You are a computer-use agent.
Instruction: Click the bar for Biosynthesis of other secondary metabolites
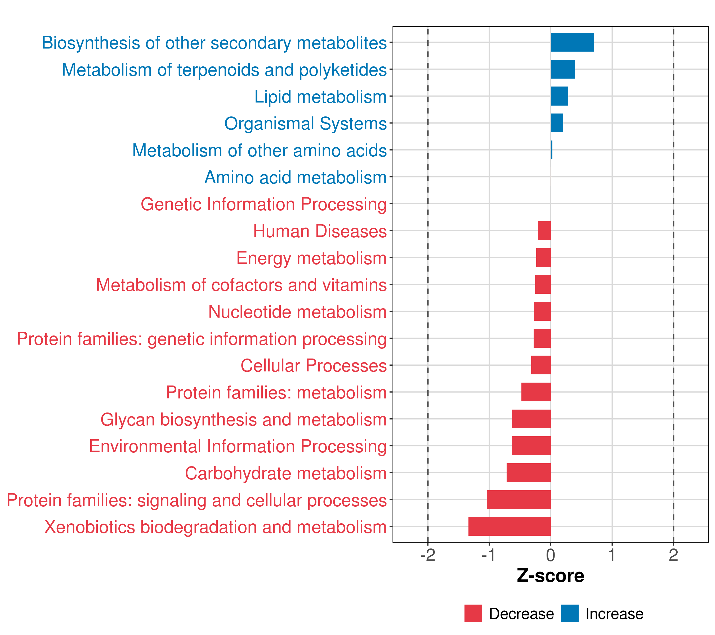[x=572, y=42]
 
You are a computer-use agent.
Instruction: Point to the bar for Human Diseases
[x=544, y=231]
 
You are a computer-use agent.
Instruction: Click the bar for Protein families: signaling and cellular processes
[x=519, y=500]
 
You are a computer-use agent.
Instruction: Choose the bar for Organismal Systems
[x=557, y=123]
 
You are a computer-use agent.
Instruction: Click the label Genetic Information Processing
[x=263, y=204]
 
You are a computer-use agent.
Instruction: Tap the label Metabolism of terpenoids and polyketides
[x=224, y=70]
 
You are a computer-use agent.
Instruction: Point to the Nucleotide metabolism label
[x=297, y=312]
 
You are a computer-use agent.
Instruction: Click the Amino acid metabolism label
[x=295, y=177]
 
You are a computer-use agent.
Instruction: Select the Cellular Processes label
[x=314, y=366]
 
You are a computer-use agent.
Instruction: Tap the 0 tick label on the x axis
[x=551, y=555]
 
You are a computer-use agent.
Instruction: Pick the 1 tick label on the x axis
[x=612, y=555]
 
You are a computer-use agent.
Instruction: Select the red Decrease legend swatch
[x=473, y=613]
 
